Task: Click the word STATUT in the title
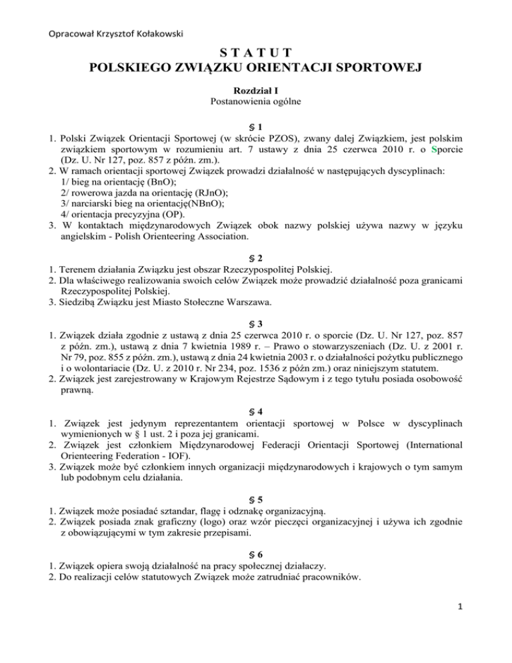(255, 52)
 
